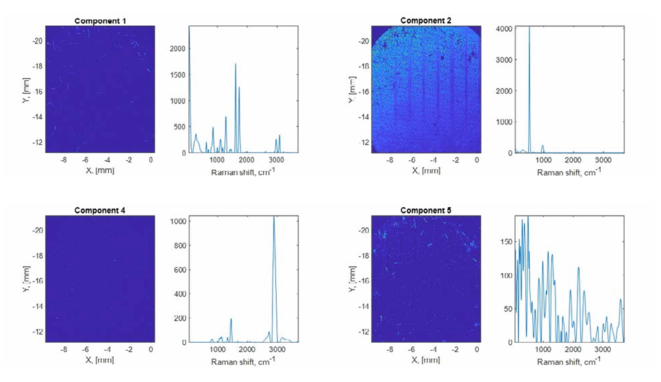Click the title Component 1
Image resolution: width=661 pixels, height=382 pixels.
pos(100,21)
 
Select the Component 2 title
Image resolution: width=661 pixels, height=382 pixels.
pos(426,20)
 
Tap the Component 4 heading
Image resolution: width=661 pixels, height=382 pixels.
pos(100,210)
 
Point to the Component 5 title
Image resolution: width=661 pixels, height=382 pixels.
pos(426,210)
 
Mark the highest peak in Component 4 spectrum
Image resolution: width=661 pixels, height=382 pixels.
pos(274,217)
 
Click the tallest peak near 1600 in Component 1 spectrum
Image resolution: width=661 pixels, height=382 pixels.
pos(236,64)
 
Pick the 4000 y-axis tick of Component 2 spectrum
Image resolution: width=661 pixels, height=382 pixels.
pos(504,29)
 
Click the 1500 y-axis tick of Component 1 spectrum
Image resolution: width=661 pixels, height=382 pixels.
pos(178,75)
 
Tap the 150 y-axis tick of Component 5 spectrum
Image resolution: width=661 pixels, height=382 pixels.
pos(507,242)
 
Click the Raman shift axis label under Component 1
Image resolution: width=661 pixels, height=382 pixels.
pos(243,172)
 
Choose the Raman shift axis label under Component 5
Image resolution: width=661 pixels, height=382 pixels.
pos(569,362)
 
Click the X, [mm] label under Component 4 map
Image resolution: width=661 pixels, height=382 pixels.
pos(100,360)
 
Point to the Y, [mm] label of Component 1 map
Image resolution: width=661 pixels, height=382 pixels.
pos(26,90)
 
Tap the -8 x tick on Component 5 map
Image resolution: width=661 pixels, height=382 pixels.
pos(390,349)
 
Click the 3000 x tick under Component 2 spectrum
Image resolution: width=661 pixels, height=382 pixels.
pos(603,160)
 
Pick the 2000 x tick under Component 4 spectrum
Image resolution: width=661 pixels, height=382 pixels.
pos(247,349)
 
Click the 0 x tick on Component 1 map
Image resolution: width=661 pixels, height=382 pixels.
pos(151,160)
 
